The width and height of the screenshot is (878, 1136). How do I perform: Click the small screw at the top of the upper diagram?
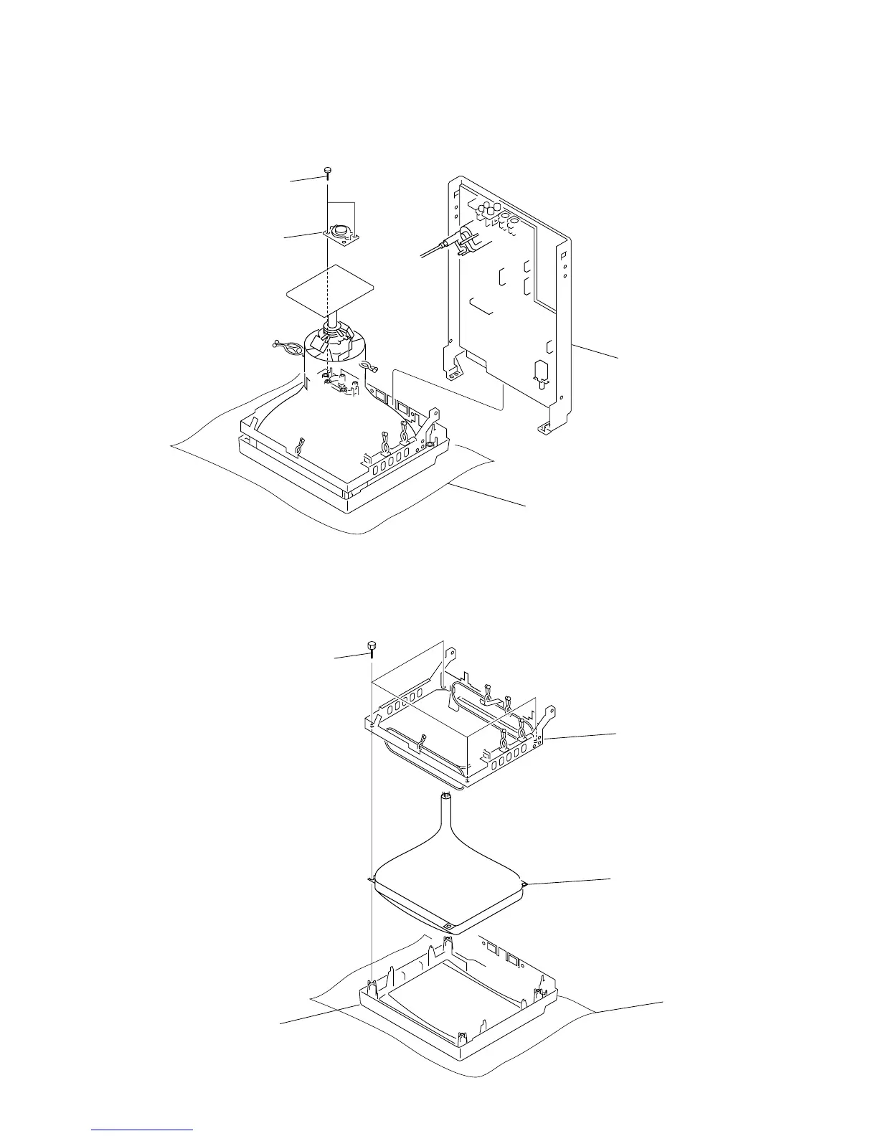click(327, 171)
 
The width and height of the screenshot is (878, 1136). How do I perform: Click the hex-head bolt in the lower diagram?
click(372, 648)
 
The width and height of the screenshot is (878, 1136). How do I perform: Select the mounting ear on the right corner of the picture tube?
click(525, 884)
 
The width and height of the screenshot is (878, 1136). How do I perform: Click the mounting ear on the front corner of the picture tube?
click(448, 927)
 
